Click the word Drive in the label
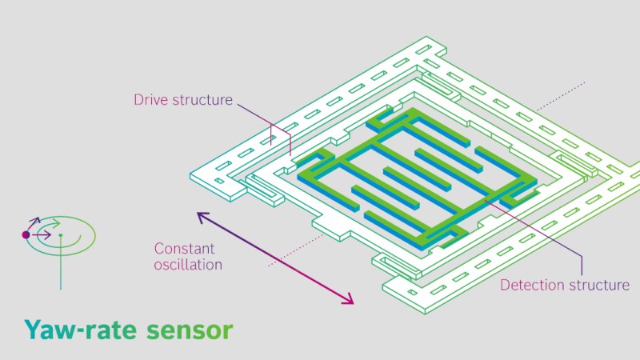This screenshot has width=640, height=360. (150, 101)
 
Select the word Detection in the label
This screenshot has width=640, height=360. (534, 285)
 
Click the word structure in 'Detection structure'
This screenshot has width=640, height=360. (600, 285)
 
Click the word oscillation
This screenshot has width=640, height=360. (188, 264)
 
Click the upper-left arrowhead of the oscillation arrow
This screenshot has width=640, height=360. (200, 215)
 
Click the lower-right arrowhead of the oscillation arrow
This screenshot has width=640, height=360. (350, 302)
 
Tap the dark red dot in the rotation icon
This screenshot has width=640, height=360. (26, 235)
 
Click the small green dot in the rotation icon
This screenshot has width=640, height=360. (60, 235)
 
